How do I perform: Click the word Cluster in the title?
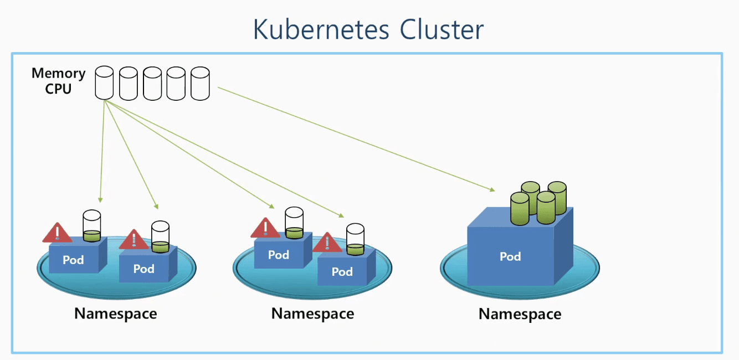tap(442, 30)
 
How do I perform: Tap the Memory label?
tap(58, 73)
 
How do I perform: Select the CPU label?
tap(58, 89)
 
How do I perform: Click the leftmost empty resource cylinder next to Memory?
tap(104, 83)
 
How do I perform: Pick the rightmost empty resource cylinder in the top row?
tap(200, 83)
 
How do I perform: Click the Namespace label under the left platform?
tap(116, 313)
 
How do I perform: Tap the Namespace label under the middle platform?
tap(312, 313)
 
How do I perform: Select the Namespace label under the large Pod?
tap(520, 314)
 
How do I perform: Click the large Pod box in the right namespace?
tap(510, 256)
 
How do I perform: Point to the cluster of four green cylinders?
tap(537, 203)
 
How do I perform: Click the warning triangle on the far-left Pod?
tap(57, 233)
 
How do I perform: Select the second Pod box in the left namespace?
tap(144, 269)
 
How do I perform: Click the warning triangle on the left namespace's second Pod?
tap(134, 240)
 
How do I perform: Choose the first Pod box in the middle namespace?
tap(279, 255)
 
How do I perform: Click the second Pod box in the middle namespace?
tap(342, 271)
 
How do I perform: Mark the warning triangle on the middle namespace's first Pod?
tap(265, 228)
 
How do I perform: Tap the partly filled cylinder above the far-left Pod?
tap(91, 226)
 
